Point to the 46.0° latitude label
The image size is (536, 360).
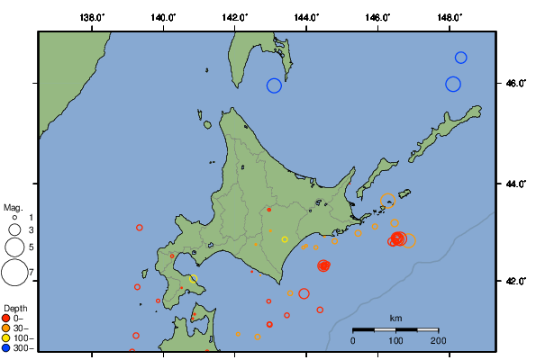point(515,84)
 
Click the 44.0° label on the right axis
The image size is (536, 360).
point(515,184)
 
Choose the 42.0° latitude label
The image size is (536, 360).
point(515,281)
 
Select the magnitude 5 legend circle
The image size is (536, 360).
point(14,246)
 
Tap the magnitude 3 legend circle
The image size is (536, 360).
point(14,230)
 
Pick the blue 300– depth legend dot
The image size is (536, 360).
point(6,347)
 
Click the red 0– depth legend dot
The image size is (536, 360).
point(6,318)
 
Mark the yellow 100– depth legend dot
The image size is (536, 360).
point(6,337)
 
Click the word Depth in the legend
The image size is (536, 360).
point(15,308)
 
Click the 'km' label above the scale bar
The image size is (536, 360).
point(395,319)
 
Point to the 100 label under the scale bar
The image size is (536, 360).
point(395,340)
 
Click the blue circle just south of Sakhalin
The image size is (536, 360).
point(274,85)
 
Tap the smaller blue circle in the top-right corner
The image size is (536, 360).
point(460,58)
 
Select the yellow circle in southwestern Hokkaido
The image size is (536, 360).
point(194,279)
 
